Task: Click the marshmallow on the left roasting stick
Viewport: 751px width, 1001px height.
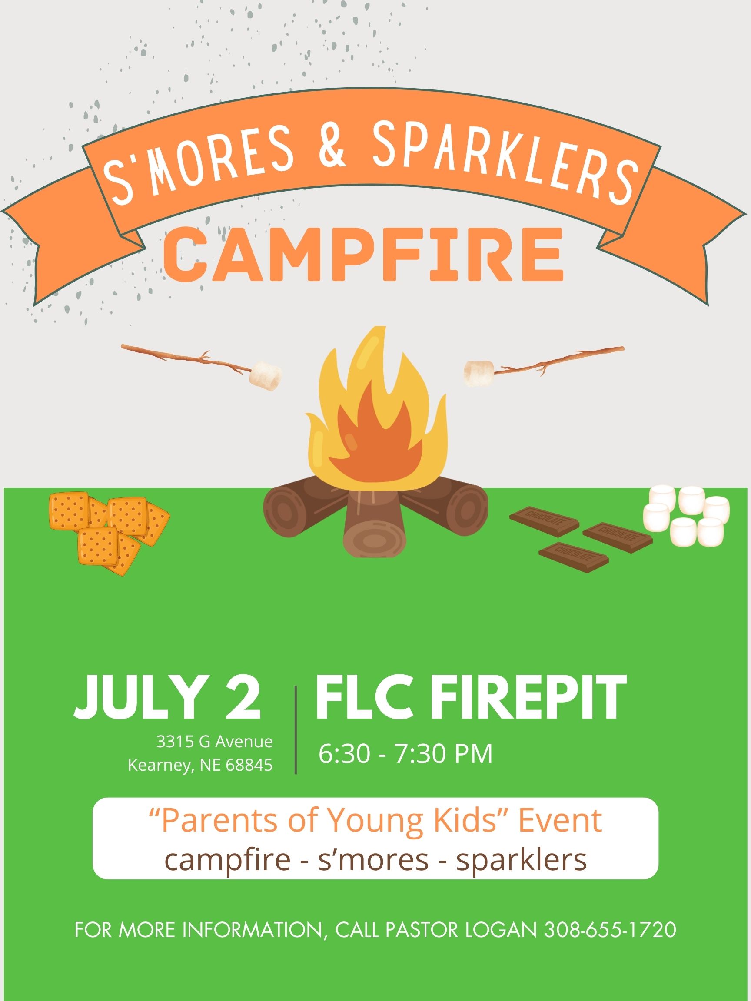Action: (266, 376)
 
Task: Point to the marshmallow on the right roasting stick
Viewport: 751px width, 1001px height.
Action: (479, 373)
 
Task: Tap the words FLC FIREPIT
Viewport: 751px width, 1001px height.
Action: (470, 698)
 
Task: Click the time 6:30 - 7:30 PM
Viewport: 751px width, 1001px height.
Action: (405, 753)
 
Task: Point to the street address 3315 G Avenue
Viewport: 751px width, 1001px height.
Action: (215, 741)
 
